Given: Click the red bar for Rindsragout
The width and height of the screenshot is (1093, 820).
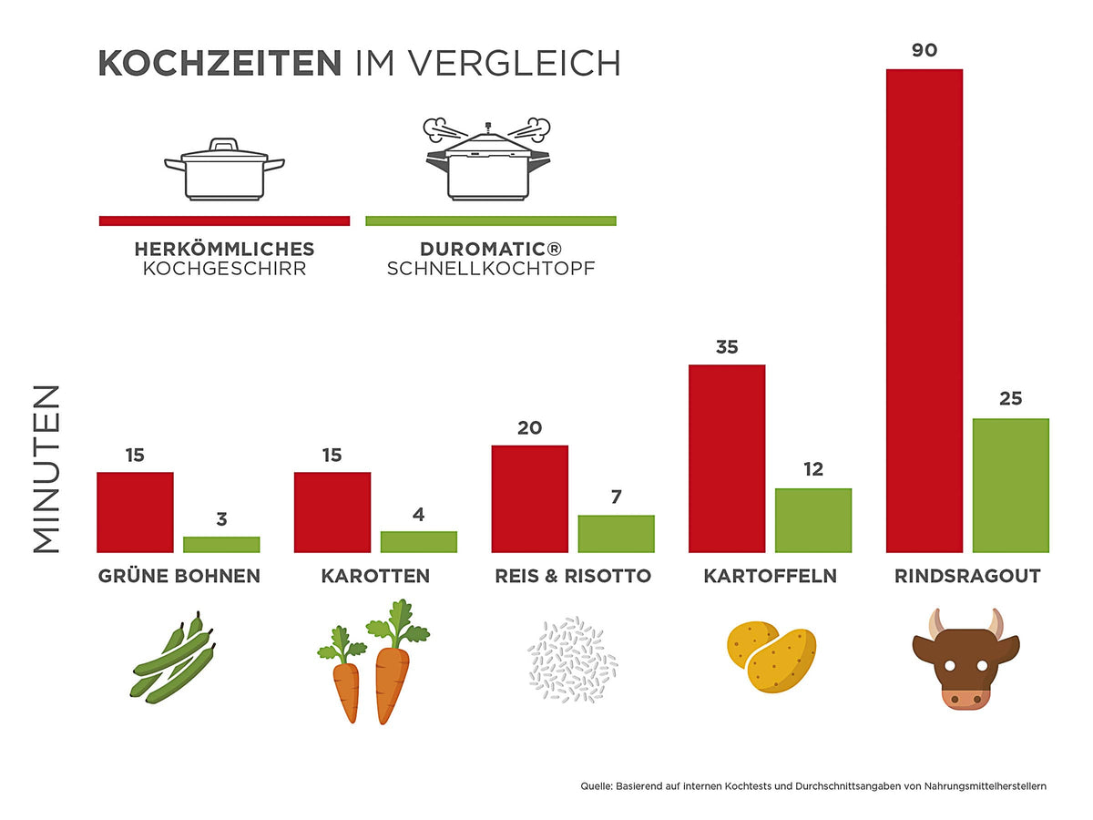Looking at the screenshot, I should (x=924, y=311).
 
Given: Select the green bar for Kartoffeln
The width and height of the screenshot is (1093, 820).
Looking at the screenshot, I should (x=813, y=520).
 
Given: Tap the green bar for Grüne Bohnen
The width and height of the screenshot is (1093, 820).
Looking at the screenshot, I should (x=221, y=544).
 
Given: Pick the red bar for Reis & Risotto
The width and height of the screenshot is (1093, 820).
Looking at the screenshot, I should (x=529, y=498).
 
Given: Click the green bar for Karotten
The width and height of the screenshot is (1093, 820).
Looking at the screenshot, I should (x=419, y=541).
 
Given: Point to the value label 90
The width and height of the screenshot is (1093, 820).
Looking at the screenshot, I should (x=924, y=51).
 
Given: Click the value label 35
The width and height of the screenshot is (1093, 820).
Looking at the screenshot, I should (x=727, y=347).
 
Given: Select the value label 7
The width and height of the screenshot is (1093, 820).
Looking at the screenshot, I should (x=616, y=497).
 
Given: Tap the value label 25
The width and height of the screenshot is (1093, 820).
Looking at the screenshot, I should (x=1011, y=399).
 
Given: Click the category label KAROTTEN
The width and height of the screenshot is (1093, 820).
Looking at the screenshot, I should (x=375, y=577).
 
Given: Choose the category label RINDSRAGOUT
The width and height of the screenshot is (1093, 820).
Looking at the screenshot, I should (x=967, y=577).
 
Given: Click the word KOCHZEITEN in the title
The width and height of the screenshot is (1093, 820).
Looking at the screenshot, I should (x=219, y=64).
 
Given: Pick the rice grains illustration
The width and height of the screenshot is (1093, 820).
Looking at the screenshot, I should (x=573, y=660).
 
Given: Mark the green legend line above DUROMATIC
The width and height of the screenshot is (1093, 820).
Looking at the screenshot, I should (x=490, y=220).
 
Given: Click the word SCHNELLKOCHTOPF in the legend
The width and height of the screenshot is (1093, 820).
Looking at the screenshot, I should (x=490, y=269).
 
